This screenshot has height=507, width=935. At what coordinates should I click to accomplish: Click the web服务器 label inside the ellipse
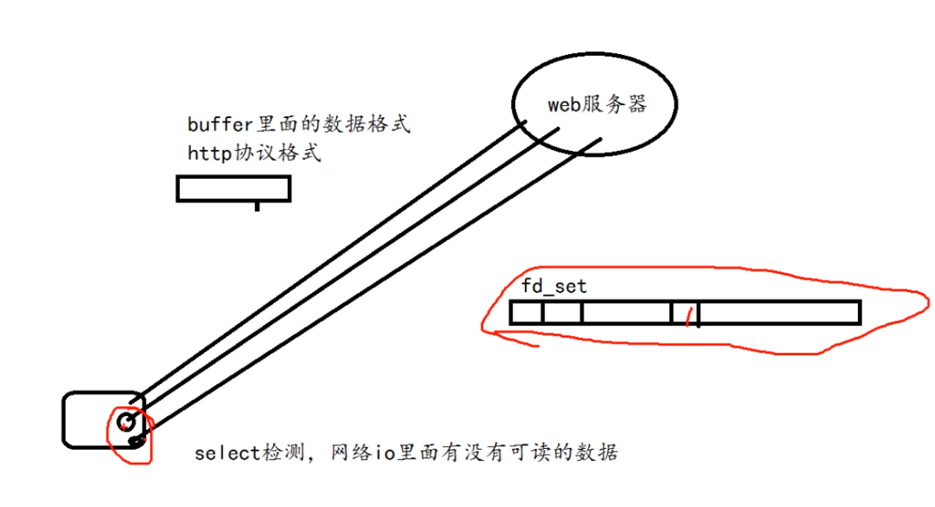click(597, 104)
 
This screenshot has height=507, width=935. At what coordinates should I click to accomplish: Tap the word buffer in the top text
click(210, 126)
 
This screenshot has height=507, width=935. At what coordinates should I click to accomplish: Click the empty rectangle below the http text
click(234, 189)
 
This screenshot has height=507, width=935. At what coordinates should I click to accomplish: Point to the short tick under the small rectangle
click(257, 206)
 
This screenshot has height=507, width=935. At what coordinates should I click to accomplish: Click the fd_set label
click(554, 286)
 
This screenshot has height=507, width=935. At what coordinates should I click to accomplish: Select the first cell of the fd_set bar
click(526, 313)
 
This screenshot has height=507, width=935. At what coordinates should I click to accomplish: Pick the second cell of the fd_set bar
click(562, 313)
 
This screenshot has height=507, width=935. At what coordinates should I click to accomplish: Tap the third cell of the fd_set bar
click(626, 313)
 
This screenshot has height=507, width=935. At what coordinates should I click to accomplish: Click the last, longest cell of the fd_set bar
click(779, 313)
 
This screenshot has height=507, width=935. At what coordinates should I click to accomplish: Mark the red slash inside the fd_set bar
click(689, 315)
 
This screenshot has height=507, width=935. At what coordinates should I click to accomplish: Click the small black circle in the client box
click(125, 422)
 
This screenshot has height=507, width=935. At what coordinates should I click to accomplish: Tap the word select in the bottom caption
click(228, 452)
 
